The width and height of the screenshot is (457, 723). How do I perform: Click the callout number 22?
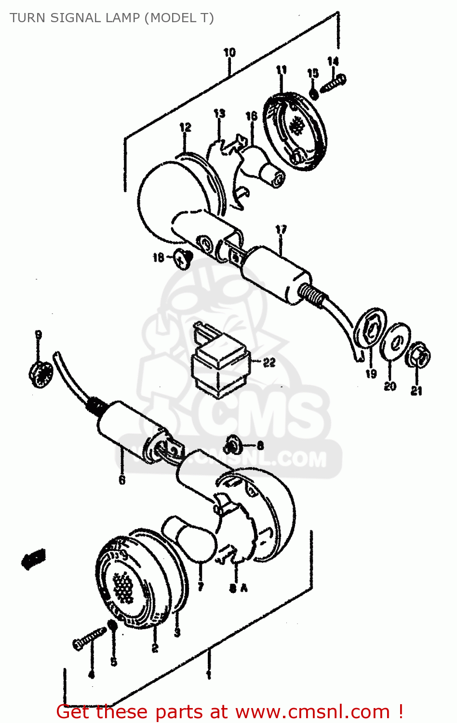(x=269, y=362)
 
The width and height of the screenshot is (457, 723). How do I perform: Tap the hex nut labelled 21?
(x=420, y=357)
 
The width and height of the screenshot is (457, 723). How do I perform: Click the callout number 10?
(x=229, y=52)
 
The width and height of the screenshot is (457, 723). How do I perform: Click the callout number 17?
(x=281, y=229)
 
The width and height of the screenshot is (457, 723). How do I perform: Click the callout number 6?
(x=122, y=480)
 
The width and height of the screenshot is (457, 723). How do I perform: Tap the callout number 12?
(x=185, y=127)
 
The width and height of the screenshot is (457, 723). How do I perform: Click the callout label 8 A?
(x=238, y=588)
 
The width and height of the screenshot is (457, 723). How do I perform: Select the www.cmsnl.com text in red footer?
(x=313, y=711)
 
